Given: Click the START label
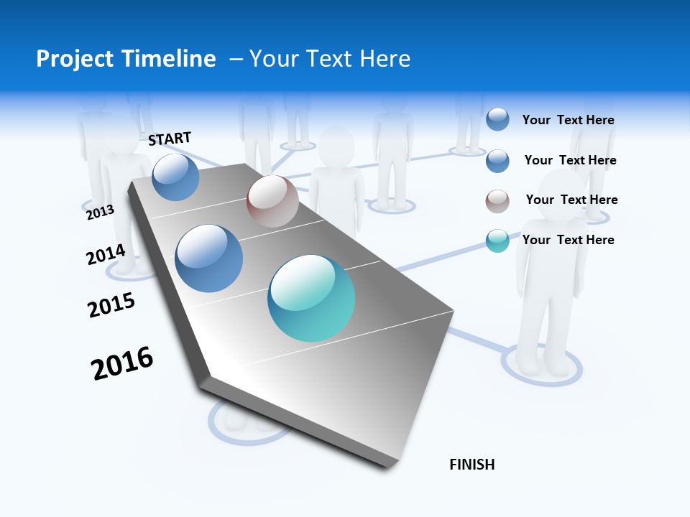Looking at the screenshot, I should click(170, 139).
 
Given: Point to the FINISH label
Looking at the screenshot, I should click(472, 465).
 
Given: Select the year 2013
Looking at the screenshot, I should click(100, 212).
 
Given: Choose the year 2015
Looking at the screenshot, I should click(111, 305).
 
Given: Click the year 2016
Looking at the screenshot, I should click(122, 363).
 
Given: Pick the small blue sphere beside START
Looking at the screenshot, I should click(176, 177).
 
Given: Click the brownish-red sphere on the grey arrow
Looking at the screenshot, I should click(272, 201).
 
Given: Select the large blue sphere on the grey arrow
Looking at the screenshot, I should click(209, 258).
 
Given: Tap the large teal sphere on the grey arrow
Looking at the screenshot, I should click(311, 298).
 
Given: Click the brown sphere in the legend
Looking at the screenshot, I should click(497, 201).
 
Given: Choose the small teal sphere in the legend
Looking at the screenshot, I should click(497, 241).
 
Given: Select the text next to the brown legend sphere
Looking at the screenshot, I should click(571, 200).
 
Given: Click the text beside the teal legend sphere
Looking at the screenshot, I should click(568, 240).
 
